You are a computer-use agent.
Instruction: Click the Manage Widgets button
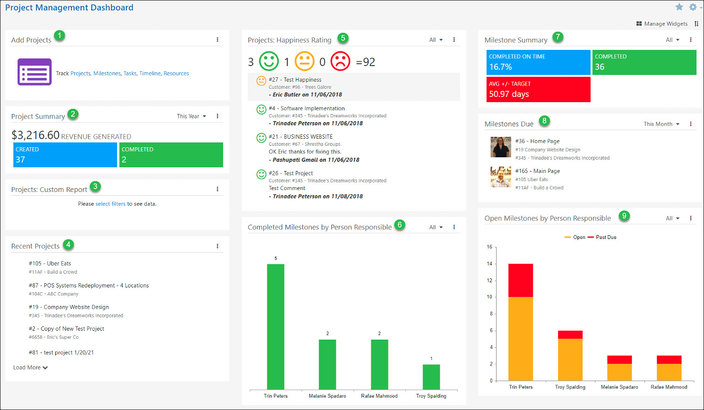pos(662,24)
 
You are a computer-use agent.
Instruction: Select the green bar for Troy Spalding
pos(431,377)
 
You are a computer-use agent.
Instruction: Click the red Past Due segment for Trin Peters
pos(520,280)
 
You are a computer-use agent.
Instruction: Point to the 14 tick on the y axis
pos(489,264)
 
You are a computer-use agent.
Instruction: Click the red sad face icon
pos(340,61)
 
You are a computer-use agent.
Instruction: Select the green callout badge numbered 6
pos(400,225)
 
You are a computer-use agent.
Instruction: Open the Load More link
pos(30,368)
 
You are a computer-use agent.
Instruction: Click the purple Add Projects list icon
pos(34,72)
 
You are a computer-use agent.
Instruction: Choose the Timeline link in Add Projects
pos(150,74)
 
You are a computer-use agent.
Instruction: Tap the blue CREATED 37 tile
pos(65,155)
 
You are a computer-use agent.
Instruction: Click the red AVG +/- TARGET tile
pos(538,89)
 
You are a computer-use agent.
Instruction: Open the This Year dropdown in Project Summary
pos(191,116)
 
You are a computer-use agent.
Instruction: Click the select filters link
pos(110,204)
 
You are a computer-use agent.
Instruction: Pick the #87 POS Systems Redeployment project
pos(88,286)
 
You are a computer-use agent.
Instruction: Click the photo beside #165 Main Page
pos(500,177)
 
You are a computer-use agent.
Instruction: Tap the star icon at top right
pos(679,7)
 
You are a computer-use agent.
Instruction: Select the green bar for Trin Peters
pos(275,326)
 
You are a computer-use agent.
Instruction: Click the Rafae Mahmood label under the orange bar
pos(669,387)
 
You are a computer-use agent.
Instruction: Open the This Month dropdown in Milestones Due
pos(661,124)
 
